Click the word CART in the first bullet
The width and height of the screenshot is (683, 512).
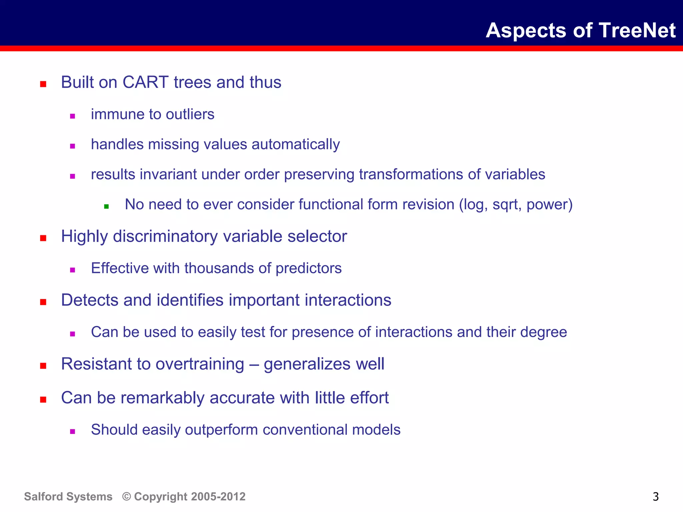pyautogui.click(x=145, y=82)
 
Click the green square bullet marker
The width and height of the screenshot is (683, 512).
pyautogui.click(x=106, y=207)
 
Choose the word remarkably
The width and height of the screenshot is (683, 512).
pyautogui.click(x=162, y=398)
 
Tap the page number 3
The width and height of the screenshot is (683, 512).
pyautogui.click(x=655, y=497)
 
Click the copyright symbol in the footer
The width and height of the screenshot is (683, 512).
pyautogui.click(x=126, y=497)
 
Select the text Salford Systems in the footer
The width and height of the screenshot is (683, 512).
pyautogui.click(x=68, y=497)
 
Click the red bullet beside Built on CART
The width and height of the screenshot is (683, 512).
pyautogui.click(x=43, y=84)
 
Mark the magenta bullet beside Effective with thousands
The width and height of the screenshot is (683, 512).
pyautogui.click(x=72, y=270)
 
